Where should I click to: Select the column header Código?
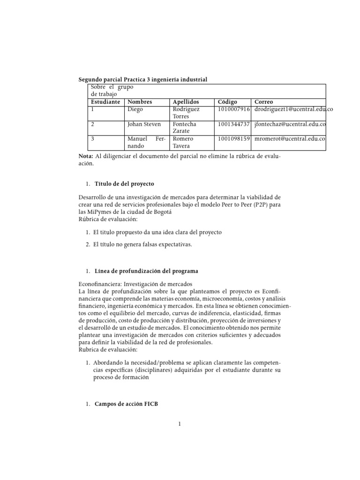(x=228, y=102)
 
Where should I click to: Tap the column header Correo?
(x=264, y=102)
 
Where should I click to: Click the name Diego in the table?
(x=135, y=109)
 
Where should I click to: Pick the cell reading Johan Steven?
(x=143, y=124)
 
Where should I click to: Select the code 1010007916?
(x=234, y=109)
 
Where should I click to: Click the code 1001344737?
(x=234, y=124)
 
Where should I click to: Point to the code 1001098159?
(x=234, y=139)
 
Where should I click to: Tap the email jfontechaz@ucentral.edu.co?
(x=290, y=124)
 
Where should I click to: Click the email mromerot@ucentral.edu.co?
(x=290, y=139)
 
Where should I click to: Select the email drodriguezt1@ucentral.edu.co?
(x=293, y=109)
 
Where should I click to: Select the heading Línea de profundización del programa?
(x=146, y=271)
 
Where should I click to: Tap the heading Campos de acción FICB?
(x=126, y=404)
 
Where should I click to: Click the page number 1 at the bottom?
(x=180, y=425)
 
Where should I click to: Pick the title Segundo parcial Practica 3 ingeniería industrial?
(x=142, y=80)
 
